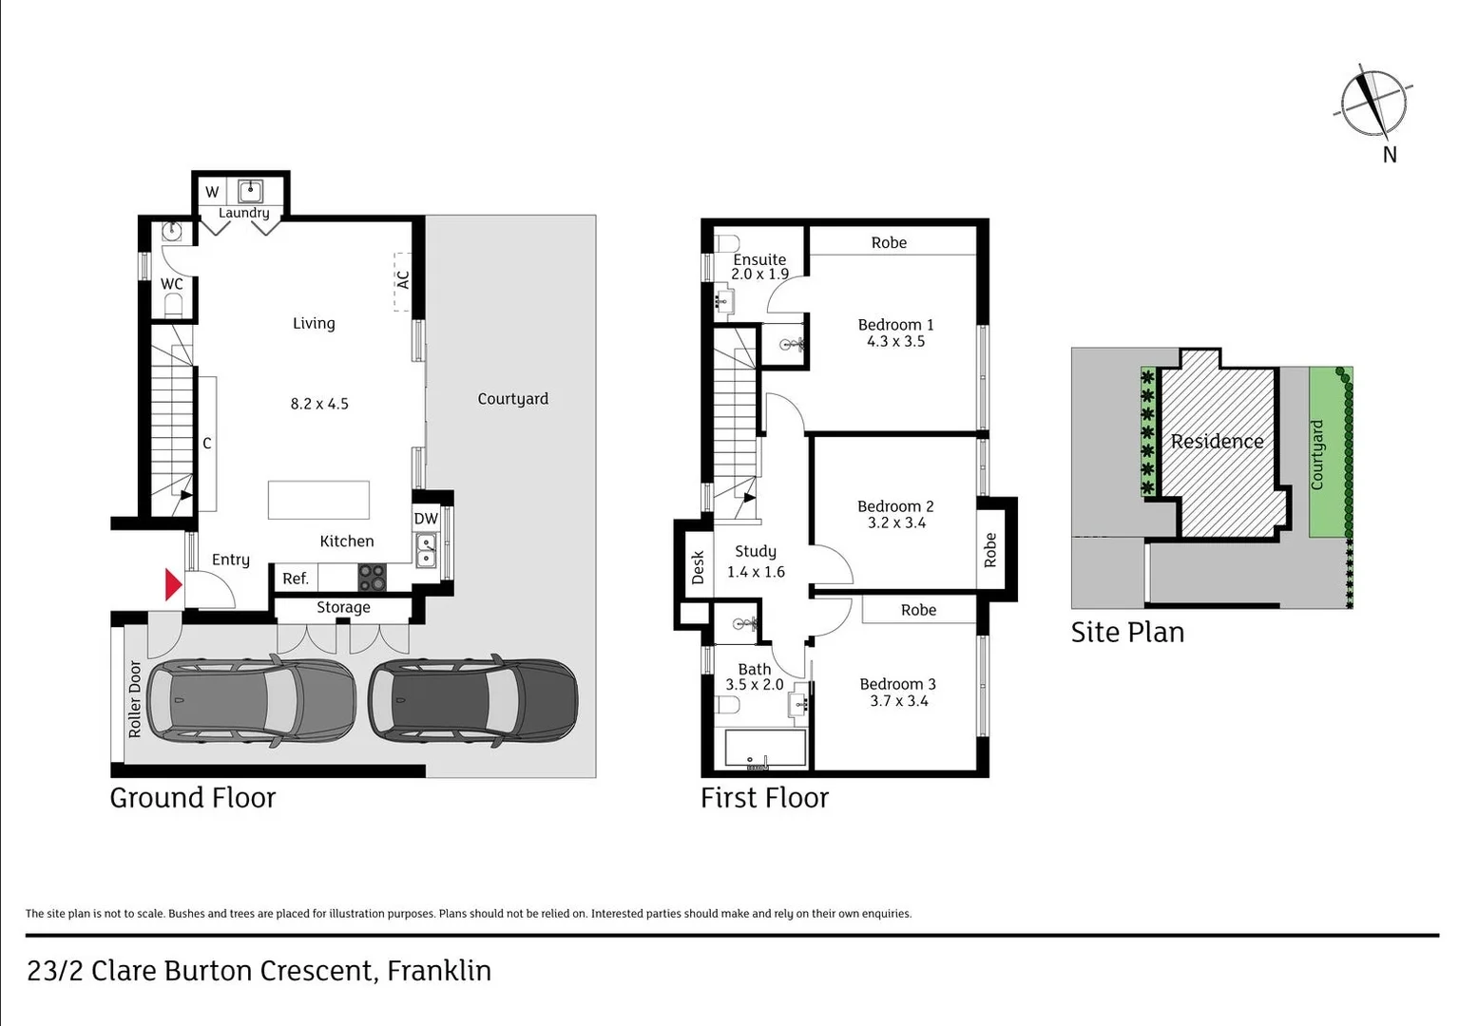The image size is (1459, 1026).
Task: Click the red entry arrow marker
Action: pyautogui.click(x=172, y=584)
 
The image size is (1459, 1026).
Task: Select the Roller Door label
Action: pyautogui.click(x=135, y=699)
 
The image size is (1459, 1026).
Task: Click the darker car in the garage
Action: pyautogui.click(x=472, y=700)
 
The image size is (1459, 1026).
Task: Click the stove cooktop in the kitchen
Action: pyautogui.click(x=372, y=577)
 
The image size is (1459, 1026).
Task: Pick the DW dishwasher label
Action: pyautogui.click(x=426, y=519)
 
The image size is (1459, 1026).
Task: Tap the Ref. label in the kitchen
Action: pyautogui.click(x=296, y=579)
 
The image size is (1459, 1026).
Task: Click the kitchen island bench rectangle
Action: pyautogui.click(x=318, y=500)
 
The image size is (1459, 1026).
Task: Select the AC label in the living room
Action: pyautogui.click(x=403, y=280)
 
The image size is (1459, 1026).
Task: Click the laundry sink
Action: pyautogui.click(x=250, y=191)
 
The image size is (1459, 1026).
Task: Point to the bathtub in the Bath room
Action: pyautogui.click(x=765, y=748)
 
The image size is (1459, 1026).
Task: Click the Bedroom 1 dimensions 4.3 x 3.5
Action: pyautogui.click(x=895, y=341)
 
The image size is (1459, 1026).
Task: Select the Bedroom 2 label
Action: pyautogui.click(x=895, y=506)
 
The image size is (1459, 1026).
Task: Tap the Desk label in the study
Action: pyautogui.click(x=698, y=567)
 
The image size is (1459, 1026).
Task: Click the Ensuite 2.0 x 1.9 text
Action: pyautogui.click(x=759, y=266)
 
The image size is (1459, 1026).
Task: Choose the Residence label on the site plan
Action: pyautogui.click(x=1217, y=442)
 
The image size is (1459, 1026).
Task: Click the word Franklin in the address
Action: pyautogui.click(x=439, y=971)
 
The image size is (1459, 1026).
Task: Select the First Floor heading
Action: pyautogui.click(x=764, y=798)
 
